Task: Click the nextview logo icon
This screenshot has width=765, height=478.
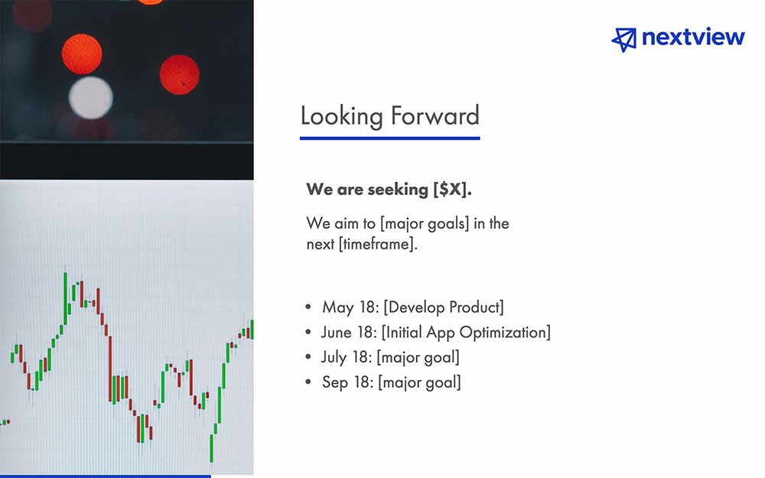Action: [x=624, y=39]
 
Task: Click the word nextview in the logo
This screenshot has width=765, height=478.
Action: [x=693, y=37]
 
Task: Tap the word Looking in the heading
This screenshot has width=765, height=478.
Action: [x=341, y=116]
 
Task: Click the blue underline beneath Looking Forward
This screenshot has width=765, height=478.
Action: [x=389, y=138]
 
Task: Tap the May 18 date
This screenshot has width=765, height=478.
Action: [x=349, y=307]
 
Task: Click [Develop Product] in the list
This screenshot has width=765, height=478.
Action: [x=444, y=307]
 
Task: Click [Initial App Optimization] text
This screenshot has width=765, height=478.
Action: [x=466, y=333]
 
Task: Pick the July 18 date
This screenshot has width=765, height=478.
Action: [x=347, y=357]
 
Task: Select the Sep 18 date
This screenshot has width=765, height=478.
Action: [x=347, y=382]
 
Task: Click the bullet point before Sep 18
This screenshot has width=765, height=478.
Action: [x=308, y=382]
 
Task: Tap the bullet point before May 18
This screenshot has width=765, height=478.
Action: [x=308, y=307]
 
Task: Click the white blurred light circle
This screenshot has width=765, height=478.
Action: [x=90, y=97]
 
